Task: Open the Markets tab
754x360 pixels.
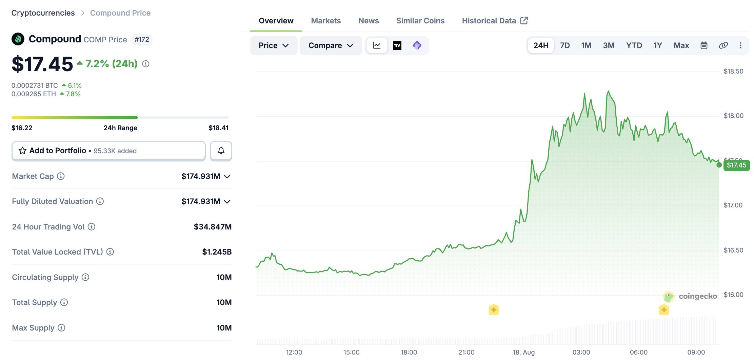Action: (326, 21)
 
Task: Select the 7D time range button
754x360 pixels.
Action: (565, 45)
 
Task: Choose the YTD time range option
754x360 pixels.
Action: (634, 45)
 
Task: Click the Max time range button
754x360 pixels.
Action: (681, 45)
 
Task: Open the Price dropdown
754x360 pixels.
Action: (274, 45)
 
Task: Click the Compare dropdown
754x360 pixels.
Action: (331, 45)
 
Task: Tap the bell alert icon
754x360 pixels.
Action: (221, 151)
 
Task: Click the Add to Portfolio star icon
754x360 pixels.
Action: (22, 151)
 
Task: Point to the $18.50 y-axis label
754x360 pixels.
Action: (733, 71)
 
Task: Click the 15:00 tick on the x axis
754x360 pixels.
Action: (351, 352)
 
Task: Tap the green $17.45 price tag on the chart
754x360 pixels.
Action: (736, 165)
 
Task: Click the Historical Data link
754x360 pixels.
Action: (495, 21)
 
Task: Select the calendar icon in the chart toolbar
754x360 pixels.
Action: (704, 45)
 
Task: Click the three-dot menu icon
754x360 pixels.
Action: (740, 45)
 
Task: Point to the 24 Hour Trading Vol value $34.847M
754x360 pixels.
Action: (213, 227)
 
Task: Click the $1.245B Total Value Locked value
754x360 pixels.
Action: (217, 252)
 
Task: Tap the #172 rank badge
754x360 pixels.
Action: (142, 39)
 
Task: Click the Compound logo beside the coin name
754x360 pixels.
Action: (18, 39)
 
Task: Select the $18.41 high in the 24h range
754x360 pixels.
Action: (218, 128)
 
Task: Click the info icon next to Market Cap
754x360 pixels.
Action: (61, 176)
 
